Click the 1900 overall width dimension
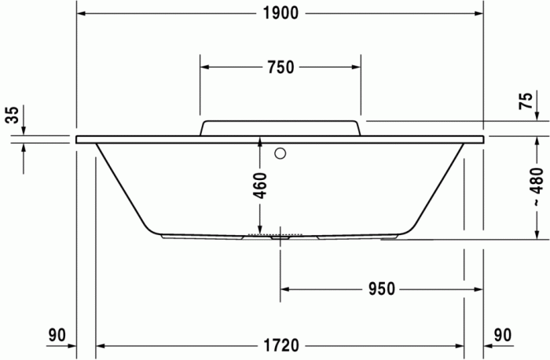pos(280,13)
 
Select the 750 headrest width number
pos(280,67)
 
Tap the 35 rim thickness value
pos(12,116)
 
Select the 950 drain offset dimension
pos(380,288)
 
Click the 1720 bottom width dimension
pos(280,345)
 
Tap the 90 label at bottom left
pos(56,336)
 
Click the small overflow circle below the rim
pos(281,154)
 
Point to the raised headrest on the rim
pos(280,127)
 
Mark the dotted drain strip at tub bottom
pos(275,233)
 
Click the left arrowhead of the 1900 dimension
pos(82,13)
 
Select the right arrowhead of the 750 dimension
pos(355,67)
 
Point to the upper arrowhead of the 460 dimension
pos(260,141)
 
